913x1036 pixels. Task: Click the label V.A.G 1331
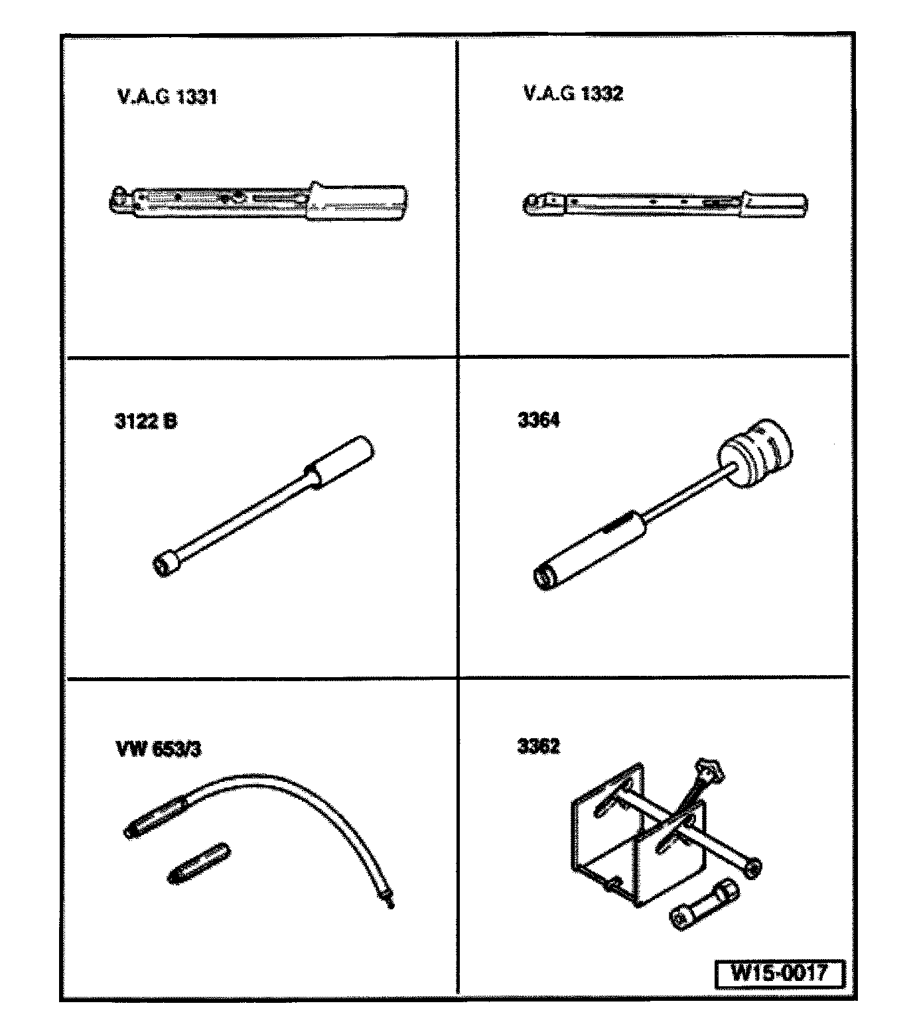[x=167, y=97]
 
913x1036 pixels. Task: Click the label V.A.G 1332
[x=573, y=94]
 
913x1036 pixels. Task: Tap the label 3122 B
[x=146, y=421]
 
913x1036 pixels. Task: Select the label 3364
[x=539, y=421]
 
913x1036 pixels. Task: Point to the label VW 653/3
[x=159, y=749]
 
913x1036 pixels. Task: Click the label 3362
[x=539, y=746]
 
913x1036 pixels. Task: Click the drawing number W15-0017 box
[x=779, y=974]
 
